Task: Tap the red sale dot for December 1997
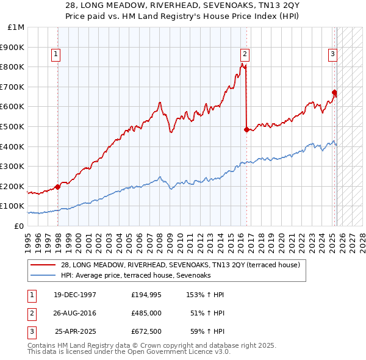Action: [57, 187]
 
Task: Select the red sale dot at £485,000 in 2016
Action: [246, 129]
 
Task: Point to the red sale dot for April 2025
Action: [334, 92]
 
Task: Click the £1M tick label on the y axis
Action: [16, 27]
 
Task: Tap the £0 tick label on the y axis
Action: [20, 226]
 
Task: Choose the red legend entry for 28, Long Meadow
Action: [180, 265]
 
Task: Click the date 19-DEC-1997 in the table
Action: [75, 295]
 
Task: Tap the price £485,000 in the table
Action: [146, 313]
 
